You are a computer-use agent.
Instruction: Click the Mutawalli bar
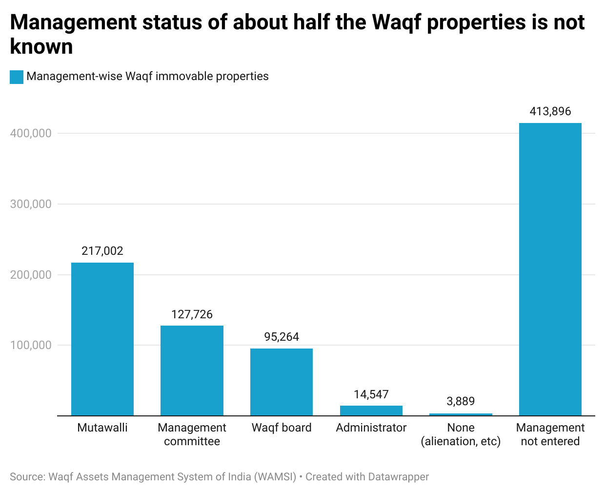102,339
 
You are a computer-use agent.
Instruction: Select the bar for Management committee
192,370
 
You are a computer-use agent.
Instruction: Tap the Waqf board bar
282,382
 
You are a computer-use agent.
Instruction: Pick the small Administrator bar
371,411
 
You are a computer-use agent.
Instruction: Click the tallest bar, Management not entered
550,269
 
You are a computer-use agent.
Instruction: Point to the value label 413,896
550,111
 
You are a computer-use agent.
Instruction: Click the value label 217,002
102,251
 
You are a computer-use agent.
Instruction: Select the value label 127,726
192,314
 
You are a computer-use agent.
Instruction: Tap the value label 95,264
282,337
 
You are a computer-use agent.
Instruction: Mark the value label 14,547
371,394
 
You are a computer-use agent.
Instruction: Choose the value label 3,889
461,401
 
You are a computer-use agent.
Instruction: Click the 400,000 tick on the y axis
31,133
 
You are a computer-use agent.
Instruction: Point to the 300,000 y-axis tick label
31,204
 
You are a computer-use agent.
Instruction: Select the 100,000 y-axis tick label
31,345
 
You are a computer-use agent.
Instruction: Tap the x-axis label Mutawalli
102,428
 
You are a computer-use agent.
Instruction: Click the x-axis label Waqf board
282,428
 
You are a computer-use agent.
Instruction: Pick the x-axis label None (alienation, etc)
461,434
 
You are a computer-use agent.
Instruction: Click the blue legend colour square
17,77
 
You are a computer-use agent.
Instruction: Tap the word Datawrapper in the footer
399,477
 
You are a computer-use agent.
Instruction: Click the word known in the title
41,47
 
